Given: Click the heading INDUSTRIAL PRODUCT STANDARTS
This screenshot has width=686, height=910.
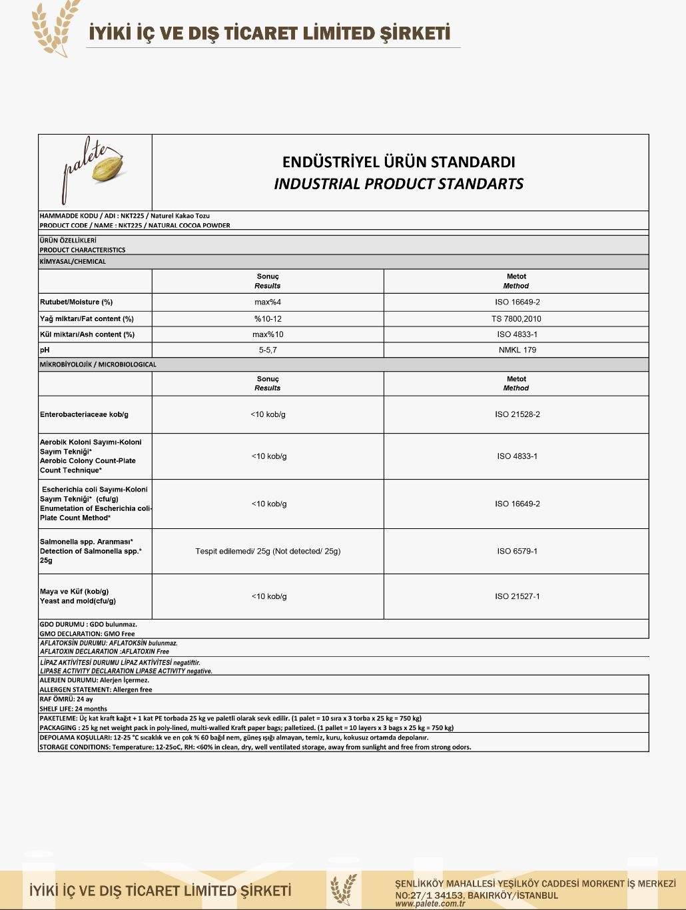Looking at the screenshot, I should click(x=398, y=184).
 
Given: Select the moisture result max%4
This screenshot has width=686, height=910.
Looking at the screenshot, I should click(x=268, y=302).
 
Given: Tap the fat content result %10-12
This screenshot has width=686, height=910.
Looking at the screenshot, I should click(x=268, y=318).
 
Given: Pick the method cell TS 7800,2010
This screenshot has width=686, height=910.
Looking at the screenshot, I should click(x=516, y=318).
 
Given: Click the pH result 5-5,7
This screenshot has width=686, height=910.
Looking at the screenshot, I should click(x=268, y=350).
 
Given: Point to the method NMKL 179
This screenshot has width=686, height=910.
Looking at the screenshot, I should click(x=517, y=350).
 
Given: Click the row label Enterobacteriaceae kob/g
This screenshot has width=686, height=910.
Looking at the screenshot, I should click(x=84, y=414).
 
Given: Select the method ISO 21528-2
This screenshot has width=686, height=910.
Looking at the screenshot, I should click(x=517, y=414).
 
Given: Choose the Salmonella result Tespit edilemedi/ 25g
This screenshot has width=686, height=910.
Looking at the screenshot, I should click(x=268, y=551).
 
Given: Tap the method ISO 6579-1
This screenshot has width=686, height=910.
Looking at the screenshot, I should click(x=517, y=551).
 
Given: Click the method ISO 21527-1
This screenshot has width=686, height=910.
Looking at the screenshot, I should click(x=517, y=596).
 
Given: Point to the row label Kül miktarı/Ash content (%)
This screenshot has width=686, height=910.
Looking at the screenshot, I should click(x=87, y=334).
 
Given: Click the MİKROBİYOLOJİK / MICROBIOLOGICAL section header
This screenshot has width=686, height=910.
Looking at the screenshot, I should click(x=98, y=364).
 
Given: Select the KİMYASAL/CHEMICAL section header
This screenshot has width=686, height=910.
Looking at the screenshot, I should click(x=73, y=262).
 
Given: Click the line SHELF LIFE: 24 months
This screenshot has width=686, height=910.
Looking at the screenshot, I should click(x=73, y=709).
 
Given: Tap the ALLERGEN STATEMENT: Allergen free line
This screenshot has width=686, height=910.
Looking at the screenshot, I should click(x=96, y=689).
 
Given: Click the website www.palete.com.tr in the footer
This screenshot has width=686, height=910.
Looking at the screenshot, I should click(x=430, y=903).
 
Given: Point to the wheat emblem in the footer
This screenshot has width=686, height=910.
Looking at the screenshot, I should click(x=344, y=890).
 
